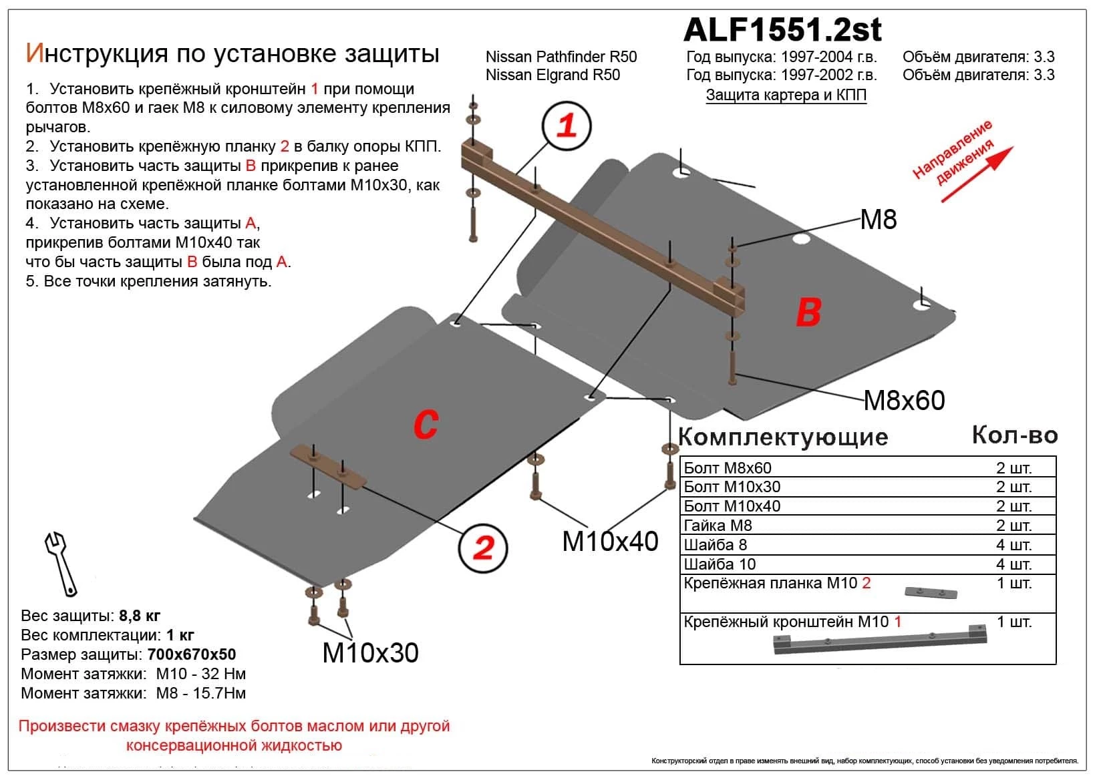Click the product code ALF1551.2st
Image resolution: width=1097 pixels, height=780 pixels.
[x=782, y=30]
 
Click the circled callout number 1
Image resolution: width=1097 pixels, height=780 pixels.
[x=567, y=126]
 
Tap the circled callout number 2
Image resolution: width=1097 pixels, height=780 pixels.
[x=483, y=548]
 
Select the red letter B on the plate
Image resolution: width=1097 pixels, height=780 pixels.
[x=808, y=312]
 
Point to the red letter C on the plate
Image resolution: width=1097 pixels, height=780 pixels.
[x=426, y=424]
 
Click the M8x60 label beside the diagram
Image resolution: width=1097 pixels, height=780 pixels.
[x=904, y=401]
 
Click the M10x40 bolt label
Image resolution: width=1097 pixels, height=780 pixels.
[x=610, y=541]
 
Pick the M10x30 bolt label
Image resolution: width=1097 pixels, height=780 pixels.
[x=370, y=652]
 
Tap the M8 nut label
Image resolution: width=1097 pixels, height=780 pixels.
[x=878, y=220]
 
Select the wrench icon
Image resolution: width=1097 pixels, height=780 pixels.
[x=61, y=564]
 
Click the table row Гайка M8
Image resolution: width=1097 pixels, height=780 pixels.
[x=718, y=526]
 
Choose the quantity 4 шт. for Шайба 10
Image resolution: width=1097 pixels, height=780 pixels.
[x=1013, y=564]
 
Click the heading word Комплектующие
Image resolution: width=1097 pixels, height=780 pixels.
[x=783, y=437]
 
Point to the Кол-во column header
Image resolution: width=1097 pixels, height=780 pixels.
[x=1014, y=435]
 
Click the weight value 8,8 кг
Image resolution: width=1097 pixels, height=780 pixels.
[x=139, y=616]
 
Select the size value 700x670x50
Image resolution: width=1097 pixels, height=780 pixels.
[x=192, y=654]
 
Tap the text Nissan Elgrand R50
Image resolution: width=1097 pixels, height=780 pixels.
[x=553, y=75]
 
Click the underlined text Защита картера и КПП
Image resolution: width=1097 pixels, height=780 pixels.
[x=786, y=95]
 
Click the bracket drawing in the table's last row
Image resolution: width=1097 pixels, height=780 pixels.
[x=880, y=642]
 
